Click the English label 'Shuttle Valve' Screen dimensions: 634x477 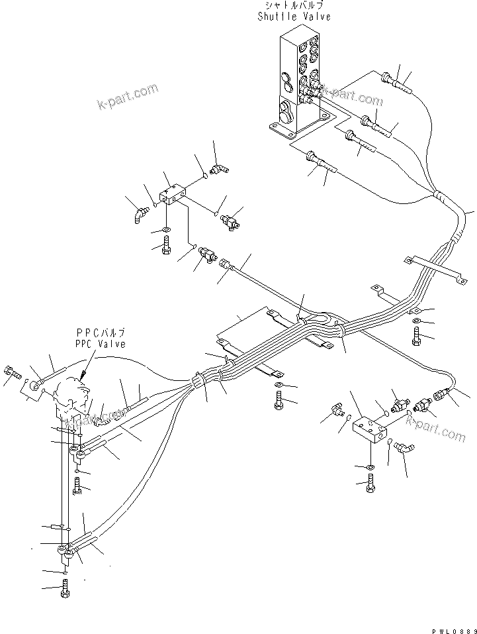tap(294, 17)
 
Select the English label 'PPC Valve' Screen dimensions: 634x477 tap(101, 344)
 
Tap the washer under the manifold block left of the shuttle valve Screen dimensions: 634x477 tap(165, 231)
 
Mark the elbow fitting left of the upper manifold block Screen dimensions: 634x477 tap(137, 214)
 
